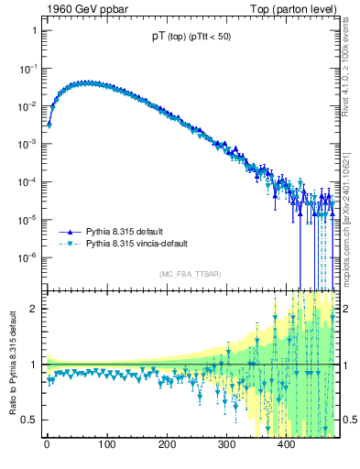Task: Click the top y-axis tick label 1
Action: tap(34, 30)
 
